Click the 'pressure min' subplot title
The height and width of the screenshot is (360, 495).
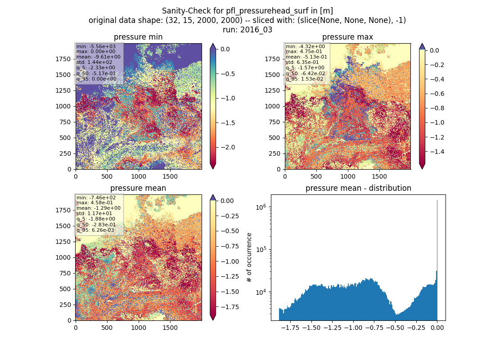pyautogui.click(x=138, y=37)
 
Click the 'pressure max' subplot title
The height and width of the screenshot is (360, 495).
pyautogui.click(x=347, y=37)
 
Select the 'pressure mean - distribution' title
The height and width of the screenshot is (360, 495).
pyautogui.click(x=358, y=188)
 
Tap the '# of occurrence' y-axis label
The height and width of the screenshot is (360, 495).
pyautogui.click(x=249, y=258)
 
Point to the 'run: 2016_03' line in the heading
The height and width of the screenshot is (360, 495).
pyautogui.click(x=247, y=30)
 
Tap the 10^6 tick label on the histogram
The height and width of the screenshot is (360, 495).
pyautogui.click(x=261, y=207)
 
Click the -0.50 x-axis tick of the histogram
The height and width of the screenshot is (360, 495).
pyautogui.click(x=395, y=328)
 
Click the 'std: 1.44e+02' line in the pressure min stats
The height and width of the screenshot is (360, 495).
pyautogui.click(x=94, y=62)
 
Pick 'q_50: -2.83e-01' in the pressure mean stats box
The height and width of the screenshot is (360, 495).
pyautogui.click(x=96, y=225)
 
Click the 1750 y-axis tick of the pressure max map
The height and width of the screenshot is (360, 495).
pyautogui.click(x=272, y=59)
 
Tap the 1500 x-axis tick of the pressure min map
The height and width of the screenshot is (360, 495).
pyautogui.click(x=170, y=176)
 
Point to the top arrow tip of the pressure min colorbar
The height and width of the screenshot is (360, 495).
pyautogui.click(x=213, y=44)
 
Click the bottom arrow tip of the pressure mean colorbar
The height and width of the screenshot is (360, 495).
pyautogui.click(x=213, y=320)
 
